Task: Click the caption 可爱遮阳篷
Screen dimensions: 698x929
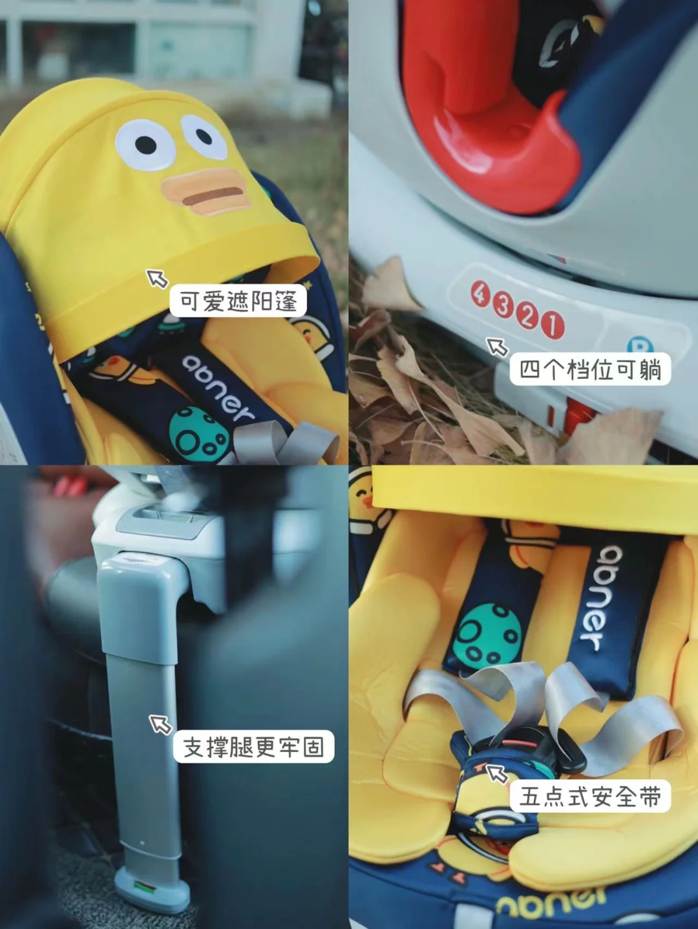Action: (238, 301)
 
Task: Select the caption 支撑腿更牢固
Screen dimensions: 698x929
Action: (254, 746)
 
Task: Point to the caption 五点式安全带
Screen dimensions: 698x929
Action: (591, 796)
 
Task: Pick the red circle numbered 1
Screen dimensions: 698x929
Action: (553, 326)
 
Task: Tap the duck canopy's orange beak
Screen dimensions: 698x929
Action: (206, 192)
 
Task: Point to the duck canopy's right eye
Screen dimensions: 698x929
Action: (205, 137)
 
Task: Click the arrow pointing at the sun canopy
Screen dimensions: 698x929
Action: (157, 278)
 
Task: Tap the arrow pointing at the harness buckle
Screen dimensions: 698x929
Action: (496, 774)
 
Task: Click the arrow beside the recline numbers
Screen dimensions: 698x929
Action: (497, 347)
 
